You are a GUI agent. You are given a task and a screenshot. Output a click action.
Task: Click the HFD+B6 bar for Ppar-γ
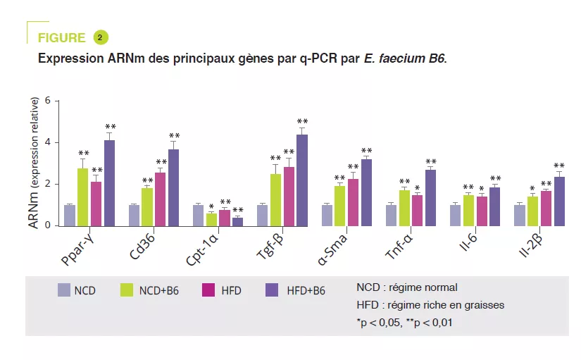pos(109,183)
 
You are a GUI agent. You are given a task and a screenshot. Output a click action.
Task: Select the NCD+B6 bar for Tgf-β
pos(275,200)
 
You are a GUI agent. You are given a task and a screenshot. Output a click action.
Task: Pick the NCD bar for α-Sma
pos(327,216)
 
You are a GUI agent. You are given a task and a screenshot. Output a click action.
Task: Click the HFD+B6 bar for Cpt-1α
pos(238,222)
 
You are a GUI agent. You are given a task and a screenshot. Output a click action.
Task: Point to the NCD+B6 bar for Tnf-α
pos(404,209)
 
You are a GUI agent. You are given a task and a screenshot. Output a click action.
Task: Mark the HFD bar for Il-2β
pos(546,209)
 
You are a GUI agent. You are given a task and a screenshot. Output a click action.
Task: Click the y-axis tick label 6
pos(48,101)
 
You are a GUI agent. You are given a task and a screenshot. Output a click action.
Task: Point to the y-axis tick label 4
pos(48,142)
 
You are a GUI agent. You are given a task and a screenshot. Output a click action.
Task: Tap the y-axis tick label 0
pos(48,225)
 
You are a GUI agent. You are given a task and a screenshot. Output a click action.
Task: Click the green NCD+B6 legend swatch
pos(127,290)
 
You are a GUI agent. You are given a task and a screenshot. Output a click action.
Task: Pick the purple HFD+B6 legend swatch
pos(273,290)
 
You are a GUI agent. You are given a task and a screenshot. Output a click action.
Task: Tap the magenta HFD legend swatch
pos(208,290)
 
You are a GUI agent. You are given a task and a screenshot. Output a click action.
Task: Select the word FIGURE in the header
pos(61,38)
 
